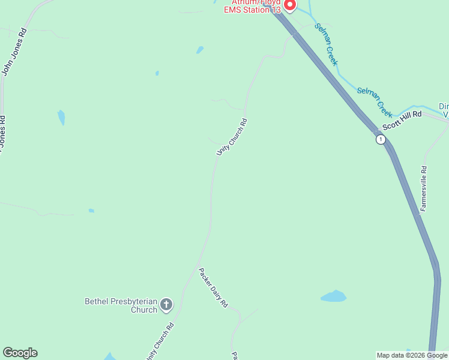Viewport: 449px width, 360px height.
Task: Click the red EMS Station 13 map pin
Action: (x=289, y=5)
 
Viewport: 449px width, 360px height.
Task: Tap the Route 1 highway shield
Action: (x=381, y=139)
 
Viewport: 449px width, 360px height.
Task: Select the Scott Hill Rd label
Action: (x=402, y=120)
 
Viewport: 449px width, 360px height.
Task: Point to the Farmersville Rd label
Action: (x=424, y=188)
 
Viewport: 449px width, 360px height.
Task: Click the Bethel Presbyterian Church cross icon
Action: (x=166, y=305)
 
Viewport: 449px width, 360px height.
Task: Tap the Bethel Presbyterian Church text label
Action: (x=121, y=305)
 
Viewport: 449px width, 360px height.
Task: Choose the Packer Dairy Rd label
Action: (x=214, y=288)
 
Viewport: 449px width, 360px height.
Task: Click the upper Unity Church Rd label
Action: (x=232, y=138)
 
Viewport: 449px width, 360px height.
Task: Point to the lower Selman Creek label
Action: (x=375, y=101)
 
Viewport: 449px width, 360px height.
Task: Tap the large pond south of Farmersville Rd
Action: (x=334, y=296)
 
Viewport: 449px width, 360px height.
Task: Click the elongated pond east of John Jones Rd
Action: (x=61, y=118)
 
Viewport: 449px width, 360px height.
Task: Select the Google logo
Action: (x=20, y=353)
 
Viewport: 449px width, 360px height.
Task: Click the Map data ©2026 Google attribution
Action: (x=412, y=355)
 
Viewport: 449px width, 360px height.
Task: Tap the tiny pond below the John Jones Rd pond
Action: (x=91, y=211)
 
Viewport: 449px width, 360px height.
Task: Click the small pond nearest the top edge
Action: (x=200, y=50)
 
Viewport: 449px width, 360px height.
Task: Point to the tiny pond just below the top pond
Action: (x=157, y=73)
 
